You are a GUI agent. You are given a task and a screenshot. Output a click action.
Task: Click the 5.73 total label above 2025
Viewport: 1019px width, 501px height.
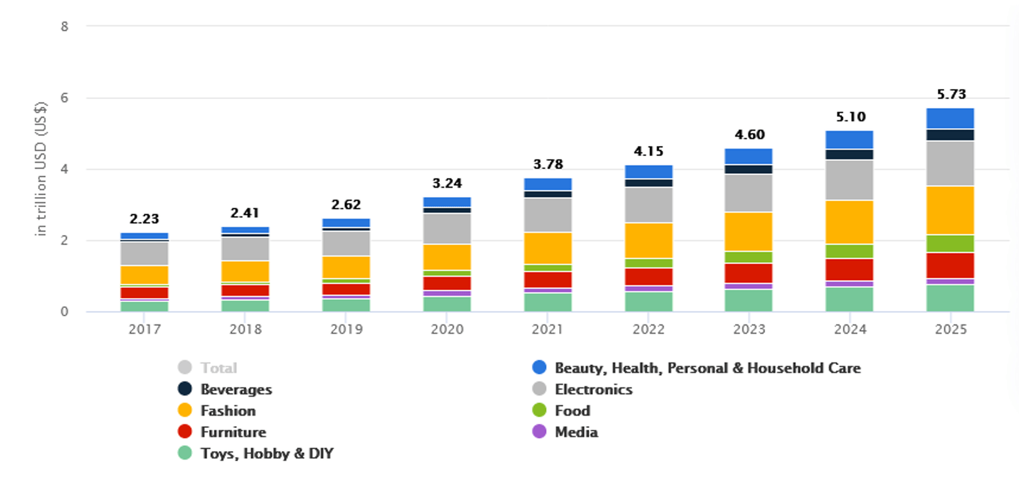[x=951, y=94]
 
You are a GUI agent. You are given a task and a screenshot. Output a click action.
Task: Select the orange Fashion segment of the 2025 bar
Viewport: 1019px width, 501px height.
[x=950, y=210]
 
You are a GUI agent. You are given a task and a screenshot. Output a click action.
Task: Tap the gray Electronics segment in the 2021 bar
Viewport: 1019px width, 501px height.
[x=547, y=215]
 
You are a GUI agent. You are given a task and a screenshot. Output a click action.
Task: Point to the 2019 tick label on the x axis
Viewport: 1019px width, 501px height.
[x=346, y=329]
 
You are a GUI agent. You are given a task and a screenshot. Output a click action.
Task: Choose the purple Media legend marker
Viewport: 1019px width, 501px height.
[x=539, y=432]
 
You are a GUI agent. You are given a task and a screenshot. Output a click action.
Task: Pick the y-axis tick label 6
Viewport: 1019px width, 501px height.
[x=65, y=98]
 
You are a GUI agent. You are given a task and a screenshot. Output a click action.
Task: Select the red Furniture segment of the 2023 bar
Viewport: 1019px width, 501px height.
[x=748, y=273]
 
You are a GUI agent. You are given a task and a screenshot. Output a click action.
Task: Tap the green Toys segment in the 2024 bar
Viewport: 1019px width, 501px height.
[x=849, y=299]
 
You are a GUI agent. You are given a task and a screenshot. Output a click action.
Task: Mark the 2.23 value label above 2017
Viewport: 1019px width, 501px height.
[x=144, y=219]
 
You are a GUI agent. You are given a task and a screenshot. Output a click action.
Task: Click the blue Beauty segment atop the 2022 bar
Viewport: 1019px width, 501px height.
[x=648, y=172]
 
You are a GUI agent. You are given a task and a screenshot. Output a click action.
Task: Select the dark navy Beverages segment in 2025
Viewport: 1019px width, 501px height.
[x=950, y=135]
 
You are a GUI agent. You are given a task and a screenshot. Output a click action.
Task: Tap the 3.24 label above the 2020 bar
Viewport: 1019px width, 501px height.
[x=446, y=183]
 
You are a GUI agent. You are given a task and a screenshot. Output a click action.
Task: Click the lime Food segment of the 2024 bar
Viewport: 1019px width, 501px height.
[x=849, y=251]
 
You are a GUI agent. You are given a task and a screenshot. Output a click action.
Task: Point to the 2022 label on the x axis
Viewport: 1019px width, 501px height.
[x=648, y=329]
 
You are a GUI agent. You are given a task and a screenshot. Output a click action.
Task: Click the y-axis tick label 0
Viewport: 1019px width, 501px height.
[x=65, y=312]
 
